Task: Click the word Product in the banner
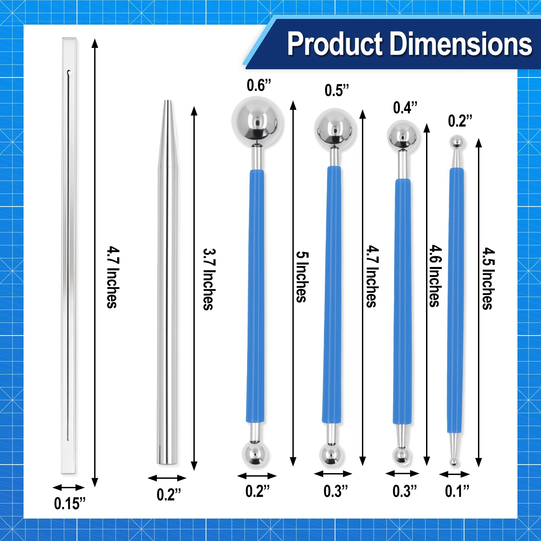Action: coord(335,43)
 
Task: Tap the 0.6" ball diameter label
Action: coord(259,85)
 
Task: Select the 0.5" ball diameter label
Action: coord(337,90)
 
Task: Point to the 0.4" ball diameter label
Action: coord(405,108)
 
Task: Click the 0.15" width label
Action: coord(70,503)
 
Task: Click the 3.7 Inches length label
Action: coord(209,279)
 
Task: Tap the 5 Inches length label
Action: coord(302,277)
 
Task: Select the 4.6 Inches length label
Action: coord(436,276)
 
